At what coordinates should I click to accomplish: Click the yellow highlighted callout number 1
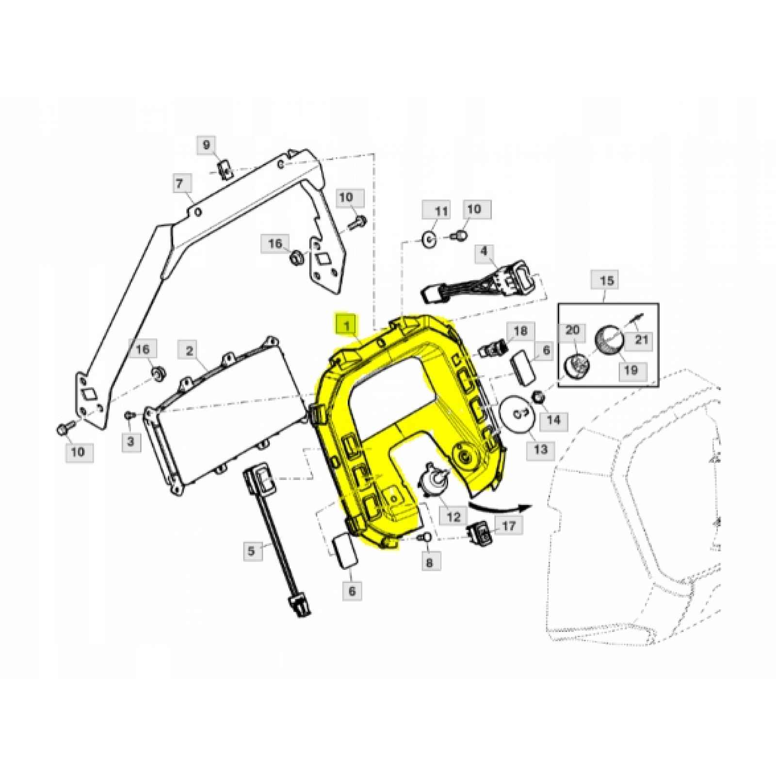tap(347, 325)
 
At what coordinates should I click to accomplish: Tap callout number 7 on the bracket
tap(179, 184)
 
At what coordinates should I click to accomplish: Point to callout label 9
tap(207, 145)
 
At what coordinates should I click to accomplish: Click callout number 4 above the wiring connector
tap(484, 251)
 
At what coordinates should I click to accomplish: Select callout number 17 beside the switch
tap(509, 526)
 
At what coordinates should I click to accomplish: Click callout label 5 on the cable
tap(251, 551)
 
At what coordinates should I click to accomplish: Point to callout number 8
tap(430, 562)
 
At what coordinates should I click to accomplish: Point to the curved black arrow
tap(501, 509)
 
